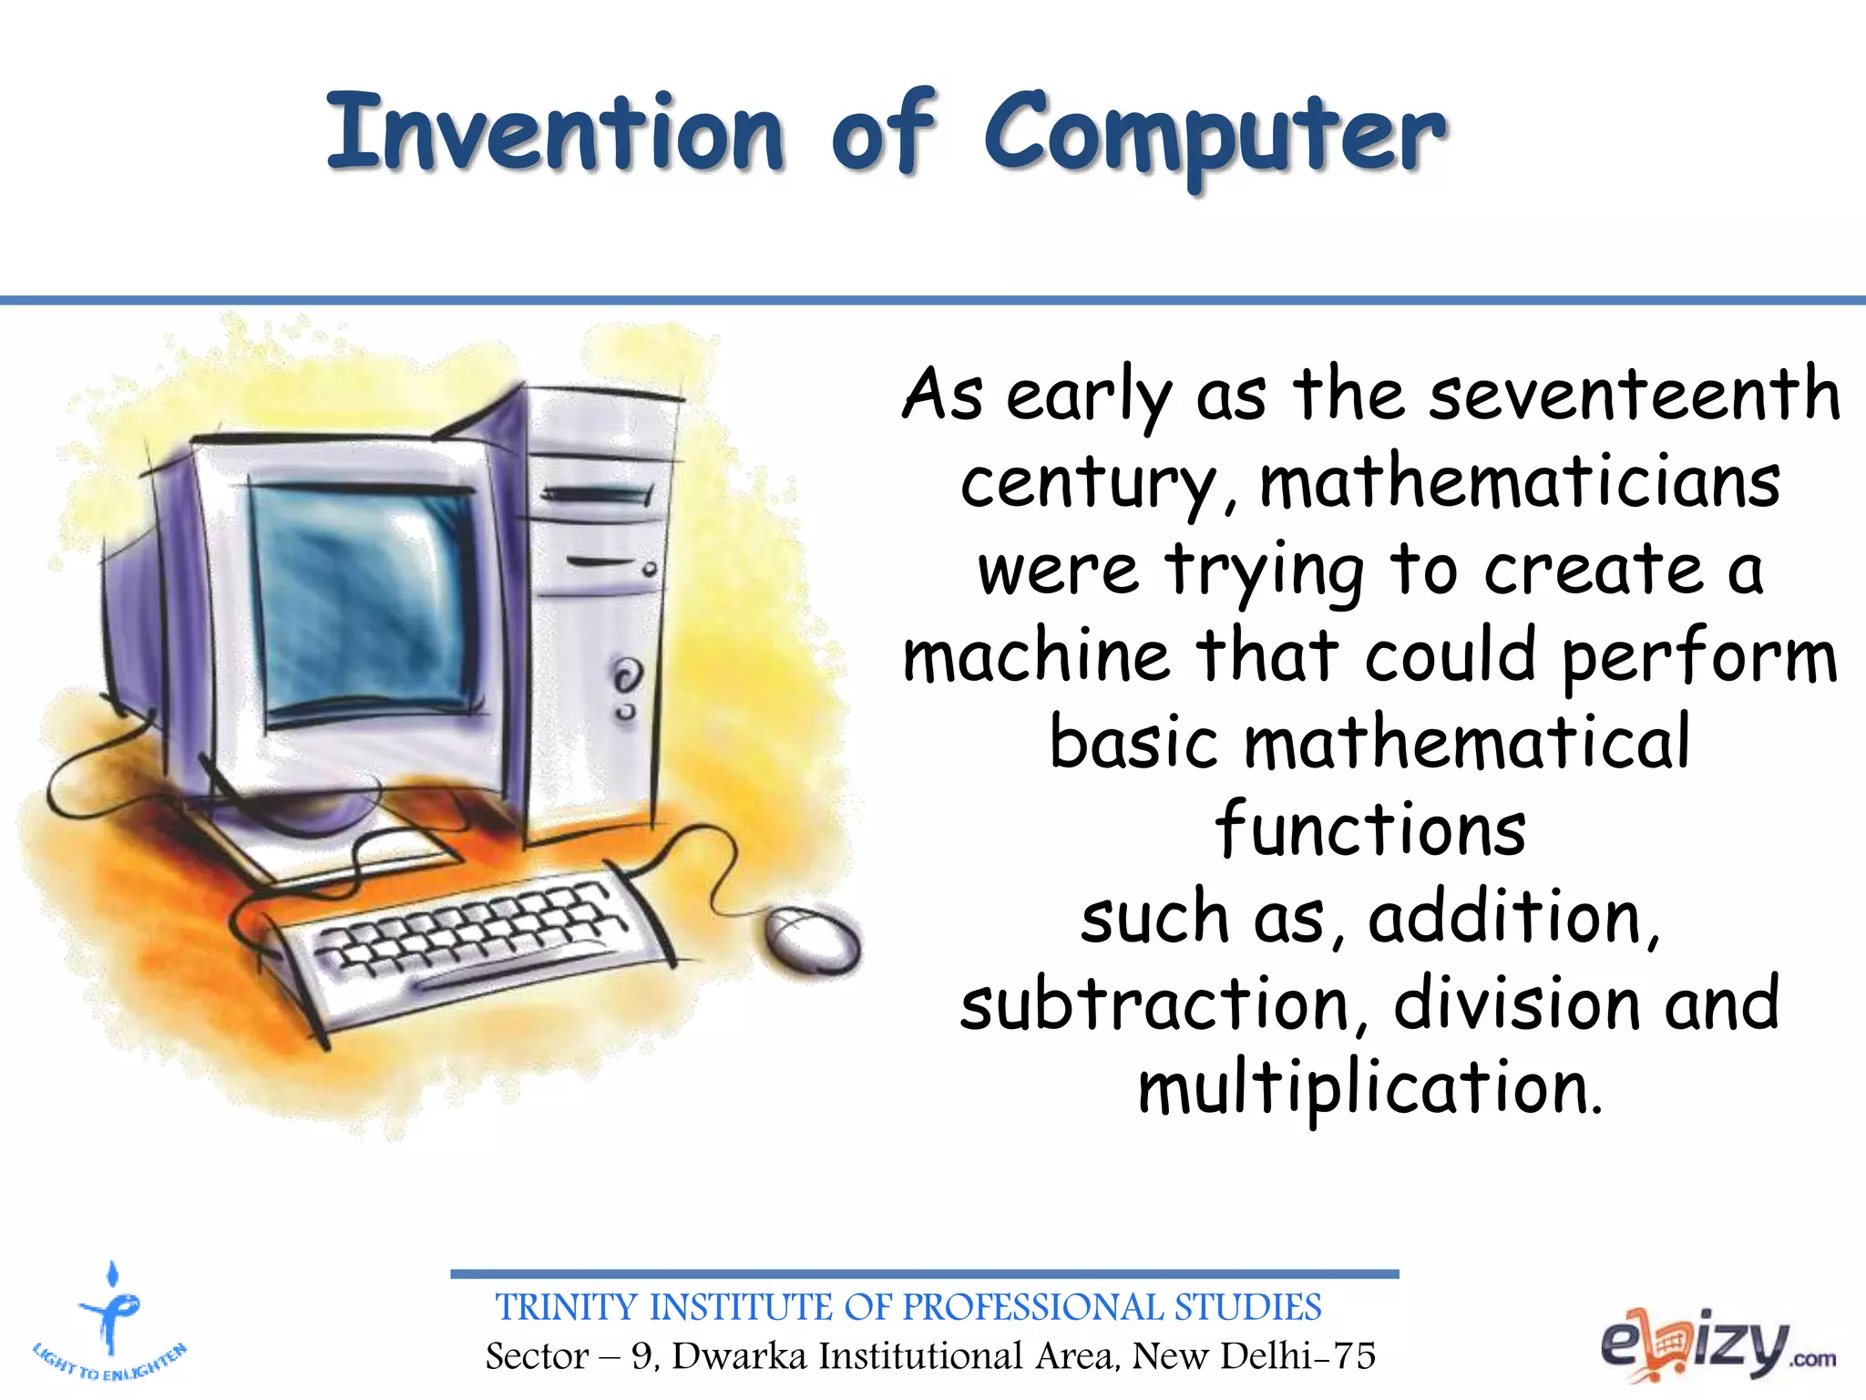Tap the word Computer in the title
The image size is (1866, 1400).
[1214, 137]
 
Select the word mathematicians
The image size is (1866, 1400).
[1520, 482]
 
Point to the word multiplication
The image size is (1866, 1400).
[1369, 1088]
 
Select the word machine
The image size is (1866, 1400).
[1036, 656]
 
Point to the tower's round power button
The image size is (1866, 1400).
[625, 678]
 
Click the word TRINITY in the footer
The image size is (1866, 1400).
[566, 1308]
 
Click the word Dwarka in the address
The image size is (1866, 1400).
[739, 1356]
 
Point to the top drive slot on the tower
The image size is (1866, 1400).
[598, 496]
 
